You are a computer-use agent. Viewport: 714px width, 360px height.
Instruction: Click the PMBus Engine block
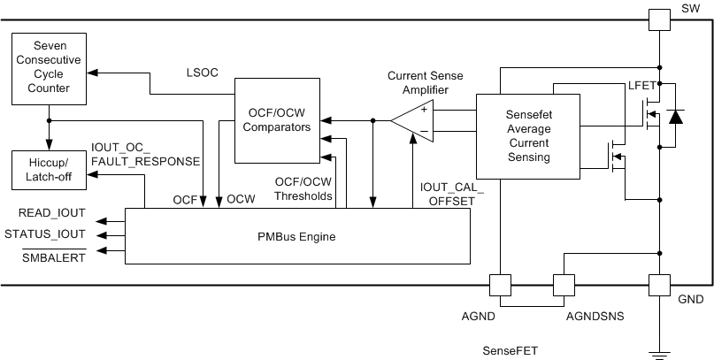pyautogui.click(x=296, y=236)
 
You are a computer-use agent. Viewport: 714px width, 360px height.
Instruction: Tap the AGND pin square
pyautogui.click(x=499, y=285)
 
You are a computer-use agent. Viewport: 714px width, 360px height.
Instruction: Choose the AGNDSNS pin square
pyautogui.click(x=564, y=285)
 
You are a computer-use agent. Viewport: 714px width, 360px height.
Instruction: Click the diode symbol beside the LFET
pyautogui.click(x=677, y=116)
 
